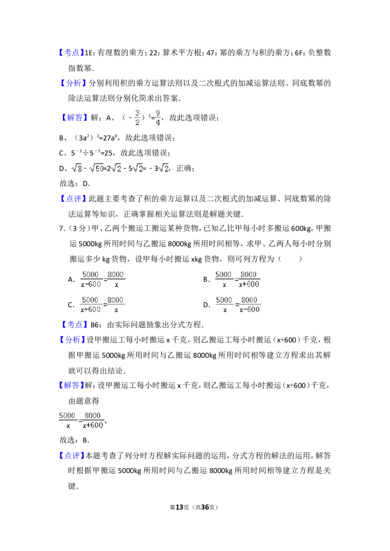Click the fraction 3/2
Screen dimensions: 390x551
click(138, 117)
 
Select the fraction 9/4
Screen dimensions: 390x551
click(157, 117)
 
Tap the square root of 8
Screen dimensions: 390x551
click(77, 168)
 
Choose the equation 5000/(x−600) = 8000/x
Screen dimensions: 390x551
click(103, 279)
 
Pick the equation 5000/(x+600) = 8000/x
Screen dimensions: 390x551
click(103, 304)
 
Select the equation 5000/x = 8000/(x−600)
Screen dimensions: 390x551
click(237, 304)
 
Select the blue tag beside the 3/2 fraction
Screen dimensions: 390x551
click(76, 118)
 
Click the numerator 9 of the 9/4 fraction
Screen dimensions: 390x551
click(157, 113)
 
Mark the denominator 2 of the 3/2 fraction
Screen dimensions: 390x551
click(137, 122)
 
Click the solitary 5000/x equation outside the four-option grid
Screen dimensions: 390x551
click(81, 420)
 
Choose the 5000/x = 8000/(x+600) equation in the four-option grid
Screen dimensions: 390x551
click(237, 279)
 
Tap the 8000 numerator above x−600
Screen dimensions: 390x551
click(249, 299)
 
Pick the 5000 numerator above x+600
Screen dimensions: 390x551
click(90, 299)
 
